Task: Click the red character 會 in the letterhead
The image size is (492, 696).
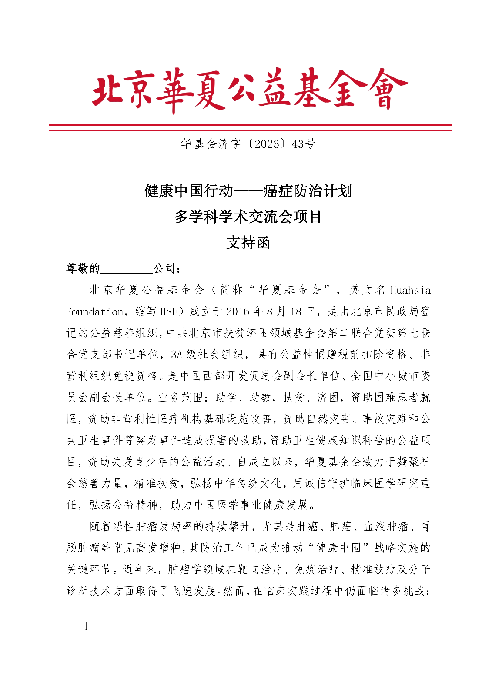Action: coord(386,90)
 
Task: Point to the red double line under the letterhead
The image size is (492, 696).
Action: coord(250,127)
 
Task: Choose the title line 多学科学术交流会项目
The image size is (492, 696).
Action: coord(248,216)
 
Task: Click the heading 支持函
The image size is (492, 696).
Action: coord(248,242)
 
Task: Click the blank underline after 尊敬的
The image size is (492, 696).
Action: coord(126,269)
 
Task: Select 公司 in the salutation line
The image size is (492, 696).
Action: coord(164,269)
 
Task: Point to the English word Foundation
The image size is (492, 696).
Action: coord(94,312)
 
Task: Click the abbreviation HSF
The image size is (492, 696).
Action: coord(168,312)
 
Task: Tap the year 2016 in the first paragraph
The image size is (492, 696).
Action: coord(238,312)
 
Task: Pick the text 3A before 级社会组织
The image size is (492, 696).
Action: coord(176,355)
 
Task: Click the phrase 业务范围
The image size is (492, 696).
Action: coord(178,397)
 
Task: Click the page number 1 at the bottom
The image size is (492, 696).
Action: coord(86,627)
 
